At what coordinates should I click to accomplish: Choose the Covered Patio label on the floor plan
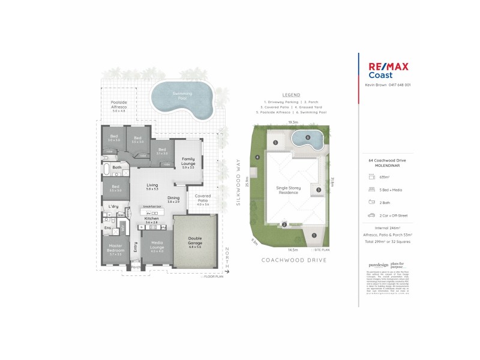202,200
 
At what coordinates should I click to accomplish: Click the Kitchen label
152,220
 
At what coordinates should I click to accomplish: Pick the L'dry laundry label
113,207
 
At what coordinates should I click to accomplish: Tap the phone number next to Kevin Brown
400,85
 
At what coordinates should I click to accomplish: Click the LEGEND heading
291,95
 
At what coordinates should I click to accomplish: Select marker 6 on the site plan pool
307,137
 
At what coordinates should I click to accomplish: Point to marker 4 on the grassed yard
257,157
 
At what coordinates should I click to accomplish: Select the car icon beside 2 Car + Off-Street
372,214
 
